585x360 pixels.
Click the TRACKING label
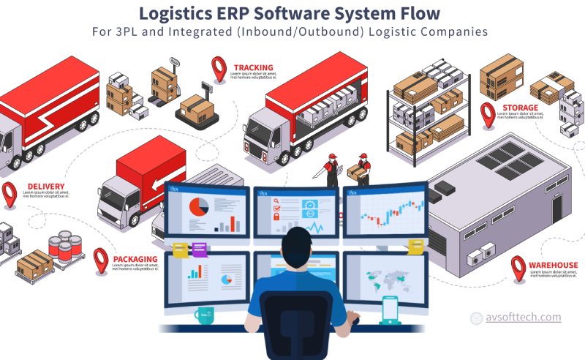click(x=253, y=68)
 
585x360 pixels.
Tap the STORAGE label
click(x=520, y=108)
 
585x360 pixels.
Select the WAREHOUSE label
click(x=554, y=265)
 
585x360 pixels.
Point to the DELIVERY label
click(x=45, y=186)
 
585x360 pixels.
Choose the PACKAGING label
click(x=135, y=259)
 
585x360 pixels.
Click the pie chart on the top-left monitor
click(x=198, y=206)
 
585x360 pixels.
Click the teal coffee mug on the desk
click(x=204, y=315)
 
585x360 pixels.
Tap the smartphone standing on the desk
click(x=390, y=310)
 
